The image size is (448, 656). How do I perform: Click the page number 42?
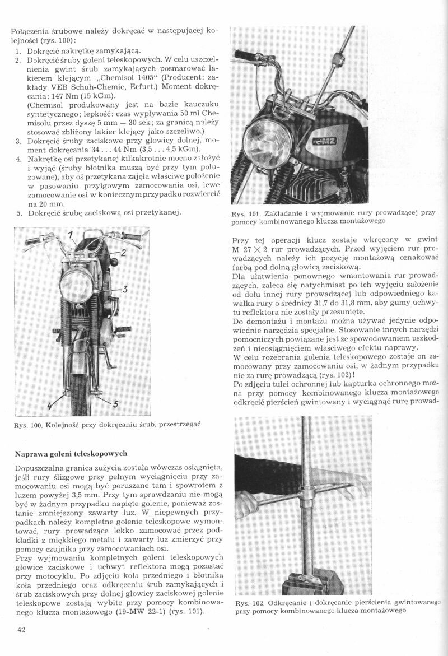22,629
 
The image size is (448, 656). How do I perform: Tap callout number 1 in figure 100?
72,234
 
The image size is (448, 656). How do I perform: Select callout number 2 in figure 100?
123,253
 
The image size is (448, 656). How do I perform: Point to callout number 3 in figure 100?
125,289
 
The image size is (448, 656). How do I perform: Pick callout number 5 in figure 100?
115,404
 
